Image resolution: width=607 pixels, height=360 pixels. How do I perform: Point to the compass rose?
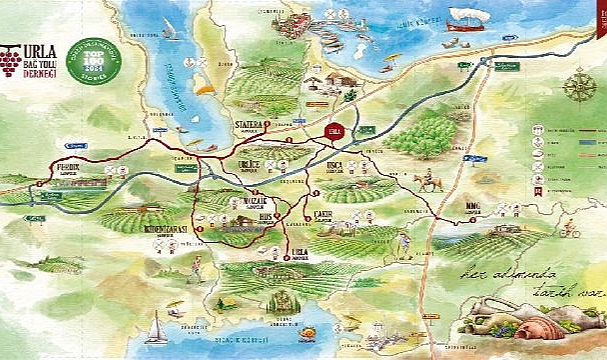coord(579,88)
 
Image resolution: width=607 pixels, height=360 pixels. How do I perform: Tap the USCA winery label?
coord(335,166)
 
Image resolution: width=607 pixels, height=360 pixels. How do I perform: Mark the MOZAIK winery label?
coord(245,202)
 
